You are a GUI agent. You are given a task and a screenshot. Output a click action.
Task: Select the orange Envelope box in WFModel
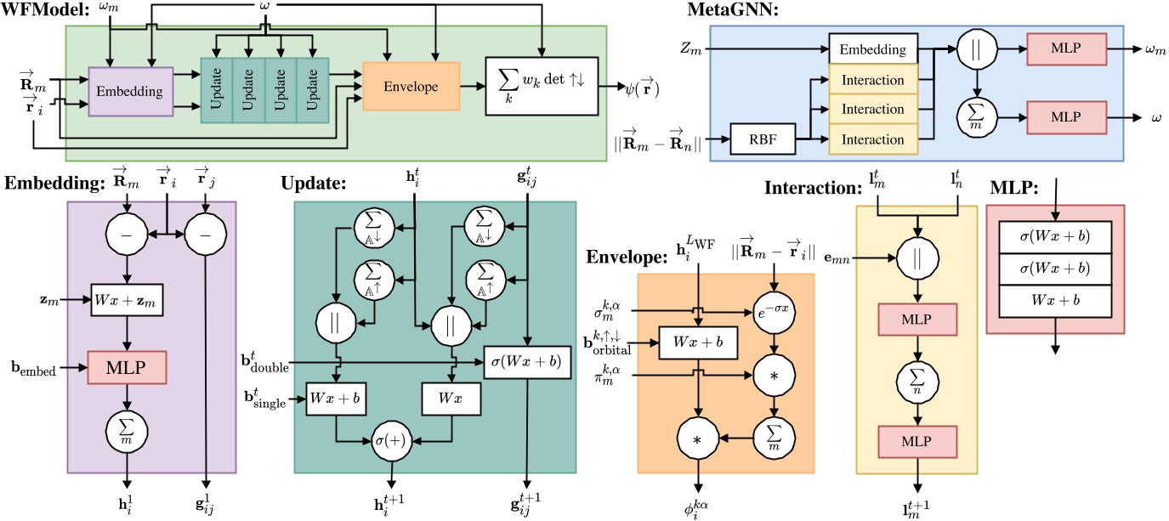tap(411, 86)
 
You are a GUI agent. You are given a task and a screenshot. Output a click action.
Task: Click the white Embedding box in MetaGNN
tap(873, 50)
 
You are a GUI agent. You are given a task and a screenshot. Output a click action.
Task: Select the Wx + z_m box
tap(127, 302)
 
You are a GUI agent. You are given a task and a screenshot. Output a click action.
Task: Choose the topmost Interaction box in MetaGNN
tap(873, 80)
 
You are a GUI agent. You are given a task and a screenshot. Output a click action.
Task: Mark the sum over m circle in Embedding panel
tap(127, 427)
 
